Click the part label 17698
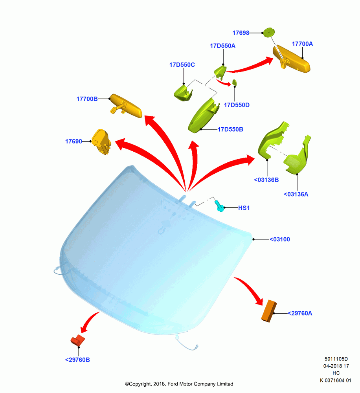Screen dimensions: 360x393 241,33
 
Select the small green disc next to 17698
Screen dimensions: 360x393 268,32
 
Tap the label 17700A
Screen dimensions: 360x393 302,44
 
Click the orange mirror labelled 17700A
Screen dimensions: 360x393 291,59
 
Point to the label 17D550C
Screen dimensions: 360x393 182,65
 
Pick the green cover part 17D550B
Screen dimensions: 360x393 202,115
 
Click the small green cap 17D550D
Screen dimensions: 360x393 235,83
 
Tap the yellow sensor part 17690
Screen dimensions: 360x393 101,141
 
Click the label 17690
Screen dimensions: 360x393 73,141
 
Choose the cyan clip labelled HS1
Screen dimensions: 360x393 220,206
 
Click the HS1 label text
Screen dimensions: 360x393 244,208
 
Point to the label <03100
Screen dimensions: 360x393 280,239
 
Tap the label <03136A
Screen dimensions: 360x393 296,194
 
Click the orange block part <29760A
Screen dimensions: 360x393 269,311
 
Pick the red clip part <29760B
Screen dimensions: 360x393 78,340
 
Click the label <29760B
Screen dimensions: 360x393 77,360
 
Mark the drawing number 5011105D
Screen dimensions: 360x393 336,359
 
